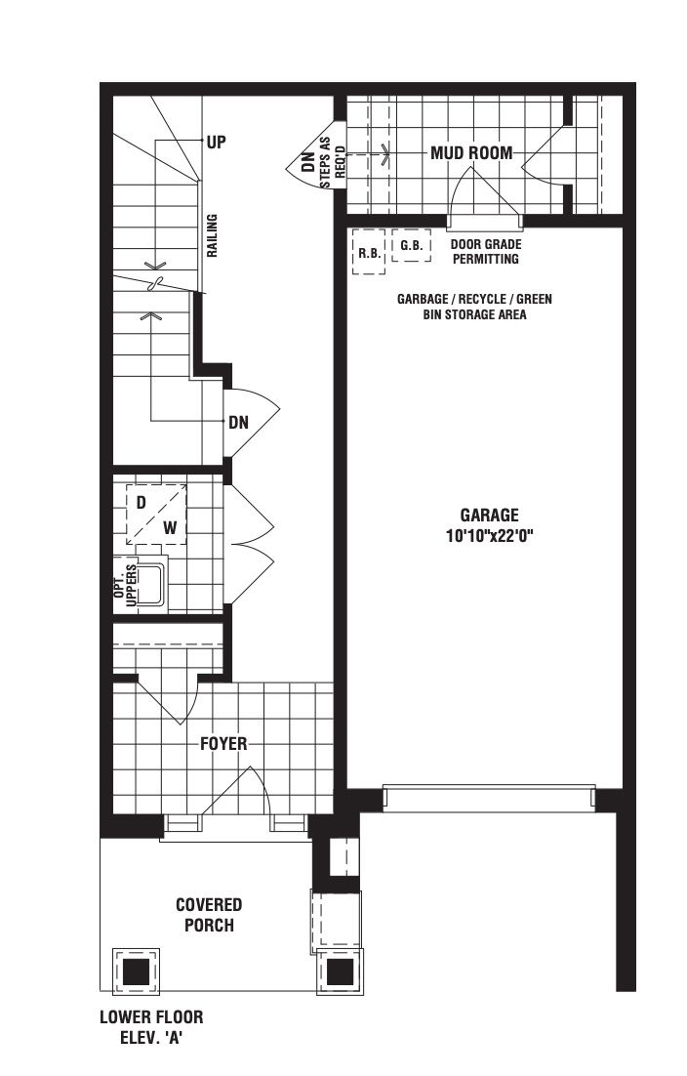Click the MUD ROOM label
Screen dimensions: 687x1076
point(471,152)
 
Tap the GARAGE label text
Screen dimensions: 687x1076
point(490,515)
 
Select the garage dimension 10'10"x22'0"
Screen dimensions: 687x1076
point(490,535)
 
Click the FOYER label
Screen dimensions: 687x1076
point(223,743)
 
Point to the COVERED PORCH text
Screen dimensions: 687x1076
point(209,915)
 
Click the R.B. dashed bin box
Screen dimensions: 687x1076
point(369,252)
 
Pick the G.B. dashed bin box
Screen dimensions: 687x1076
point(412,245)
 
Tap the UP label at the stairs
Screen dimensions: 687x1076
point(217,142)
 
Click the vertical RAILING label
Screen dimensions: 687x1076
point(213,235)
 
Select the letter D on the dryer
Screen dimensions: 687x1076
point(141,502)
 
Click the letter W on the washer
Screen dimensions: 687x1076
point(170,527)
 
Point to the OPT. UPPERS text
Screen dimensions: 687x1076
point(126,584)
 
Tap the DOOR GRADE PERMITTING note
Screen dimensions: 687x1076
point(485,251)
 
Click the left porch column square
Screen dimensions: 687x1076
point(137,971)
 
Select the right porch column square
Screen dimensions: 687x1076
point(340,971)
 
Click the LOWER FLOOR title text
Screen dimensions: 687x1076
point(151,1017)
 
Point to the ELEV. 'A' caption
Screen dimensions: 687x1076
point(151,1038)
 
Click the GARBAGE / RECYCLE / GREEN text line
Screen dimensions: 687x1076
point(474,299)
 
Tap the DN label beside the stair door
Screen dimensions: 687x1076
point(239,422)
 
